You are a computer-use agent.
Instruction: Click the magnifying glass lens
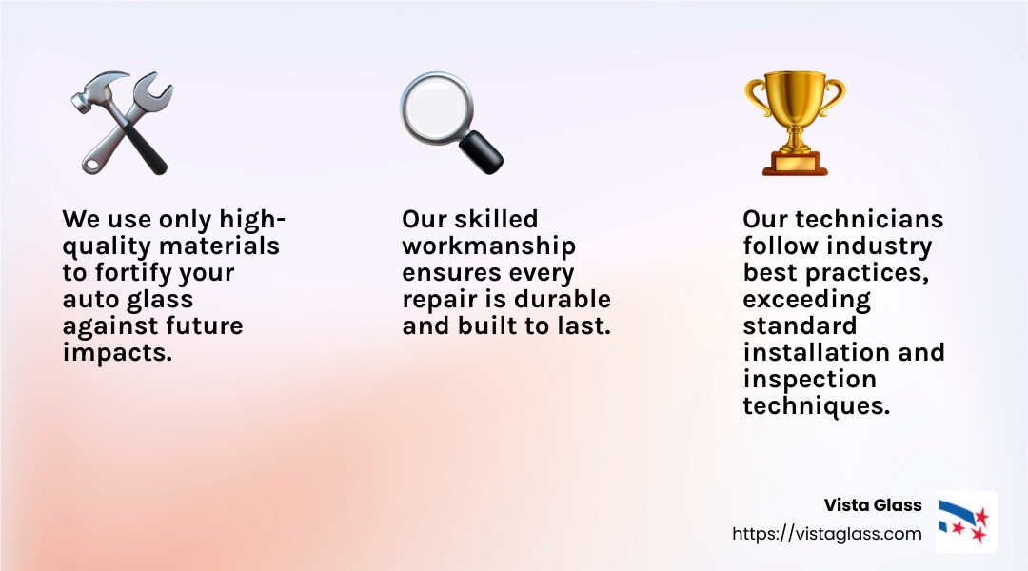pos(435,107)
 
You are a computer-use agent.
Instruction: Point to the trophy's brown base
pos(795,166)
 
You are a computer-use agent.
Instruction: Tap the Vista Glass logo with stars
pos(965,522)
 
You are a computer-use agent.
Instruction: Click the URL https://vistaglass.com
pos(826,534)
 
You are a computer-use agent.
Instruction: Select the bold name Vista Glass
pos(873,505)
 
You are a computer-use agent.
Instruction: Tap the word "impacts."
pos(117,353)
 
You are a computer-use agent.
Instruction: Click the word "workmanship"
pos(488,246)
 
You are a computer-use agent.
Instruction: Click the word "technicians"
pos(869,220)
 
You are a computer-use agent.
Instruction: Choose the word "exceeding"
pos(806,300)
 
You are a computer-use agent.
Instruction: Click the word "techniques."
pos(816,406)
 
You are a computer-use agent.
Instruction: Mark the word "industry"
pos(879,246)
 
